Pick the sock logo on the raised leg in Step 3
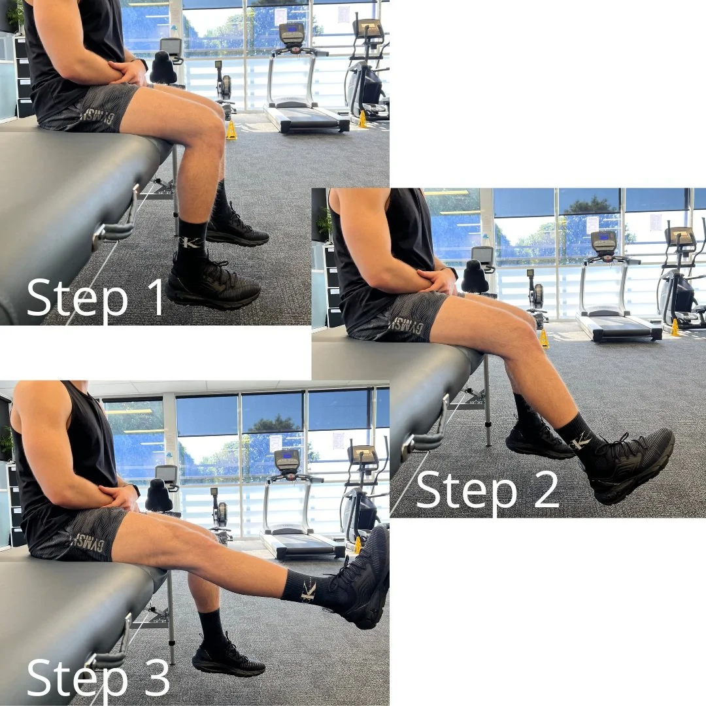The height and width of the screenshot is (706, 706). click(x=308, y=590)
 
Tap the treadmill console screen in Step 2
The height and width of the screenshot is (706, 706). click(x=603, y=241)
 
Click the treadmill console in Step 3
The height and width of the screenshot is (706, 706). click(x=287, y=460)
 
